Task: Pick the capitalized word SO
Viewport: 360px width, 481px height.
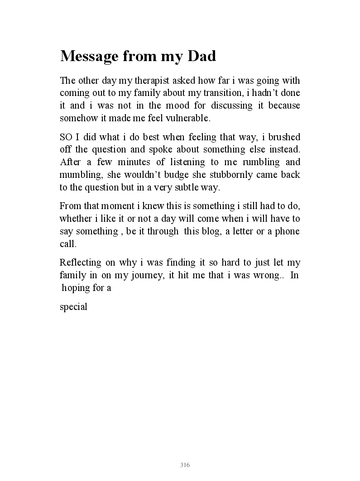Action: tap(66, 137)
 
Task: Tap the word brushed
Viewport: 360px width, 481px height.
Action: tap(284, 137)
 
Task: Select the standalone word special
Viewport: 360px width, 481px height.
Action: tap(73, 307)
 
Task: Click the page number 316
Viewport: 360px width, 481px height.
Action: tap(185, 465)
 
